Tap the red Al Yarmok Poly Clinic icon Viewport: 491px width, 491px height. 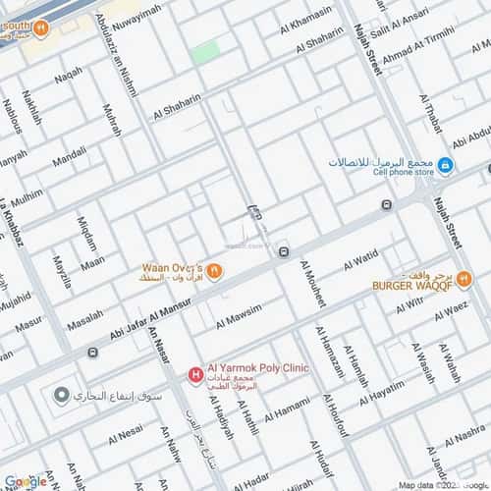click(x=194, y=373)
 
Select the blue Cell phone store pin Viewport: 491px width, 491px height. click(x=445, y=165)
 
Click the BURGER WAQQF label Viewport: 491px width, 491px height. click(x=410, y=286)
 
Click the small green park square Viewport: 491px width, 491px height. click(x=205, y=52)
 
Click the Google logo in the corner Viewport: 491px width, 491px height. click(x=24, y=481)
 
